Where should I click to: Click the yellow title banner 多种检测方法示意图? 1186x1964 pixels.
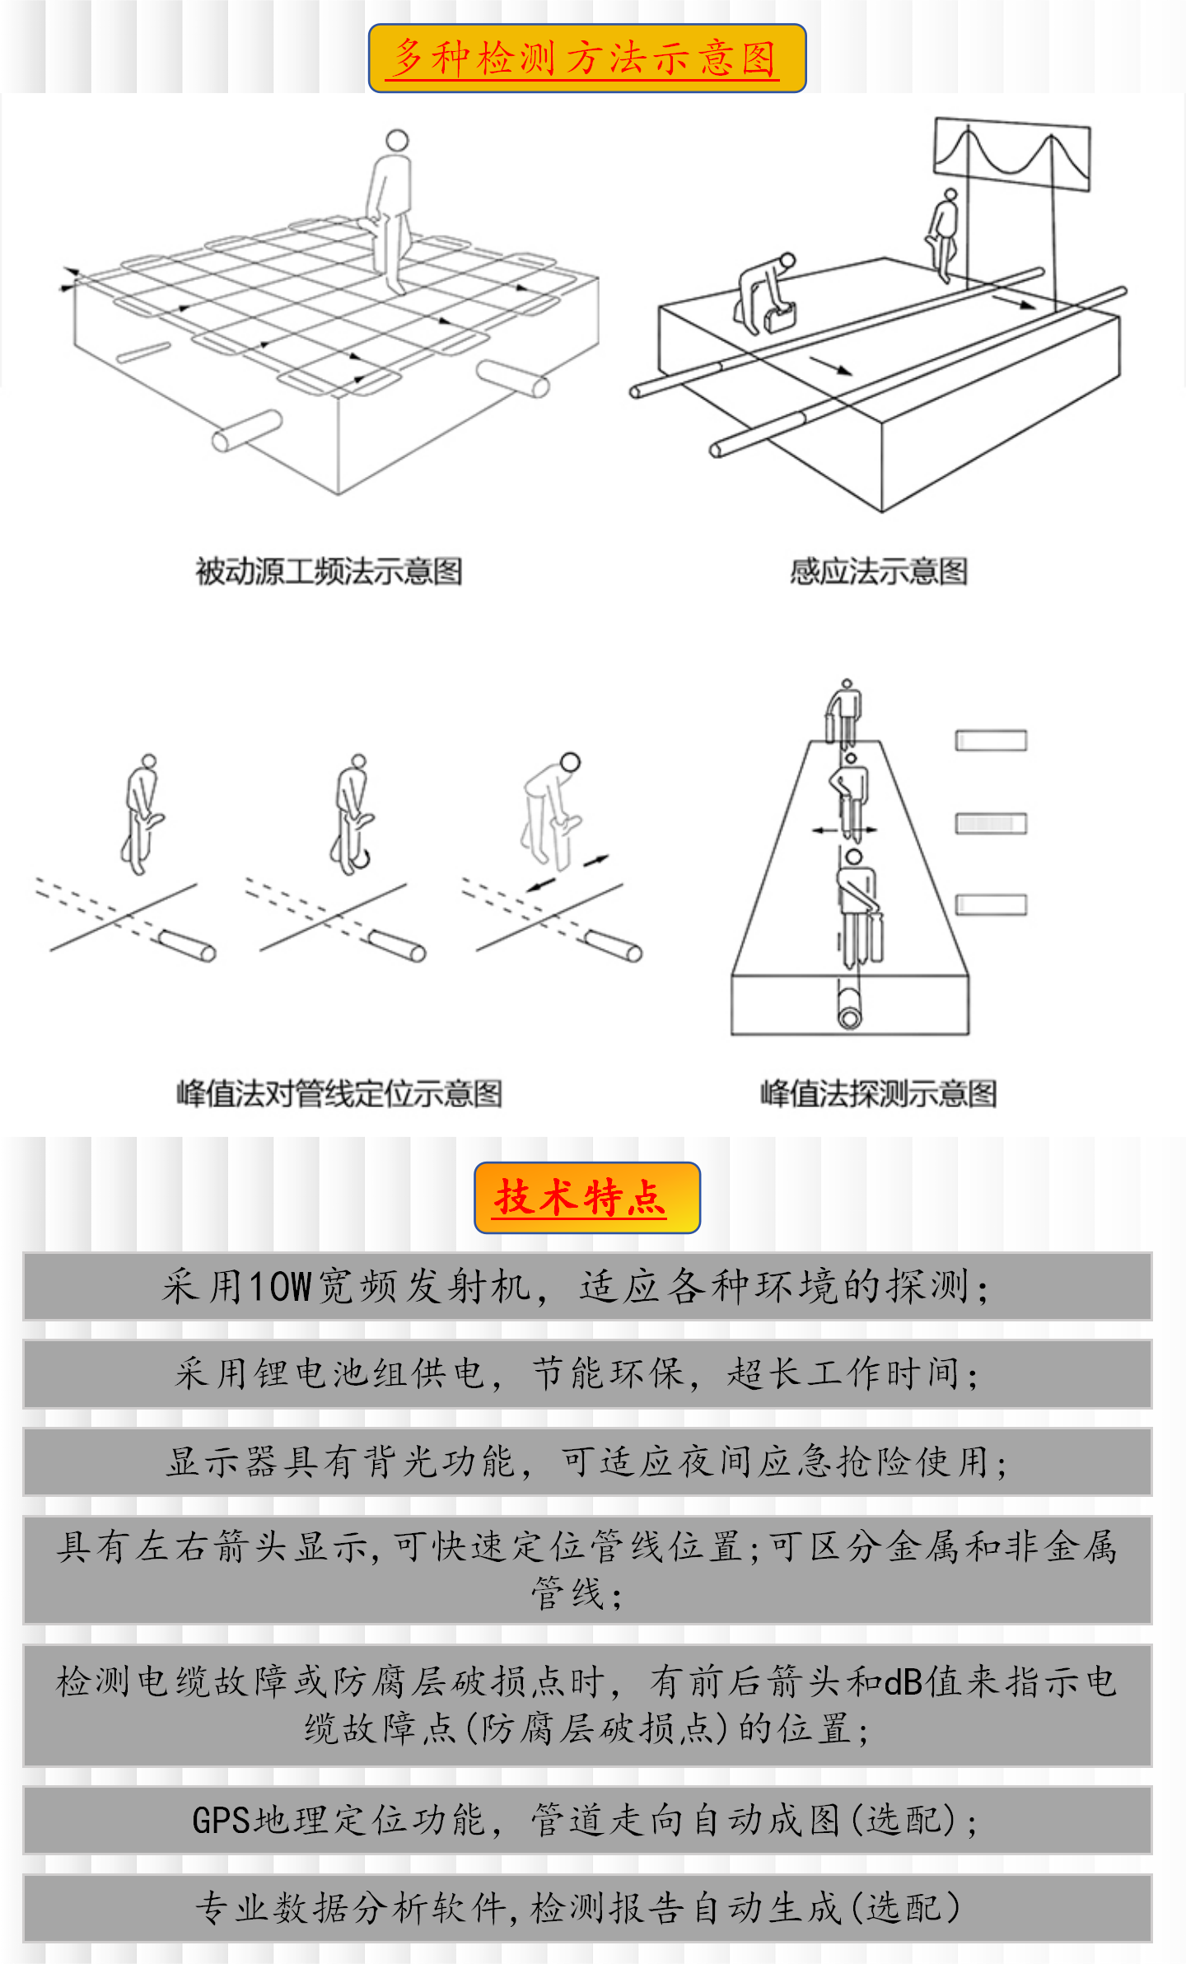[x=586, y=58]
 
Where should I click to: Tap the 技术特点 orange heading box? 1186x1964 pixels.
[x=586, y=1197]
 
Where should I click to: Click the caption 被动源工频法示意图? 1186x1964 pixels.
[x=329, y=571]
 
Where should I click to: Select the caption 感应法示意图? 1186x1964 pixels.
[x=879, y=571]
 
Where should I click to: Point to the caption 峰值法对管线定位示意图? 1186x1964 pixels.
[x=339, y=1093]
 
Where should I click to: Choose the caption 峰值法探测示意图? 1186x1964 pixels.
[x=878, y=1093]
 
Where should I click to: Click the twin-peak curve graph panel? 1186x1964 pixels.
[x=1012, y=155]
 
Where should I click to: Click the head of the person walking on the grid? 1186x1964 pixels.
[x=397, y=139]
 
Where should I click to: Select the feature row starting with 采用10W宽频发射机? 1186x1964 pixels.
[x=587, y=1287]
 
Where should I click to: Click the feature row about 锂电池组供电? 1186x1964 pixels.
[x=587, y=1374]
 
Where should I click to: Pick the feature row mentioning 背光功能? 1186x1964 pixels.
[x=587, y=1462]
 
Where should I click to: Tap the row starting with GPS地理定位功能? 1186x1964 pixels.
[x=587, y=1820]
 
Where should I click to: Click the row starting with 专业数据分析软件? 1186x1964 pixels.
[x=587, y=1908]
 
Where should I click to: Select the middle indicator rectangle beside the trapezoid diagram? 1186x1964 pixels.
[x=991, y=823]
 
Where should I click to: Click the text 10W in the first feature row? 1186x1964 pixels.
[x=280, y=1287]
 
